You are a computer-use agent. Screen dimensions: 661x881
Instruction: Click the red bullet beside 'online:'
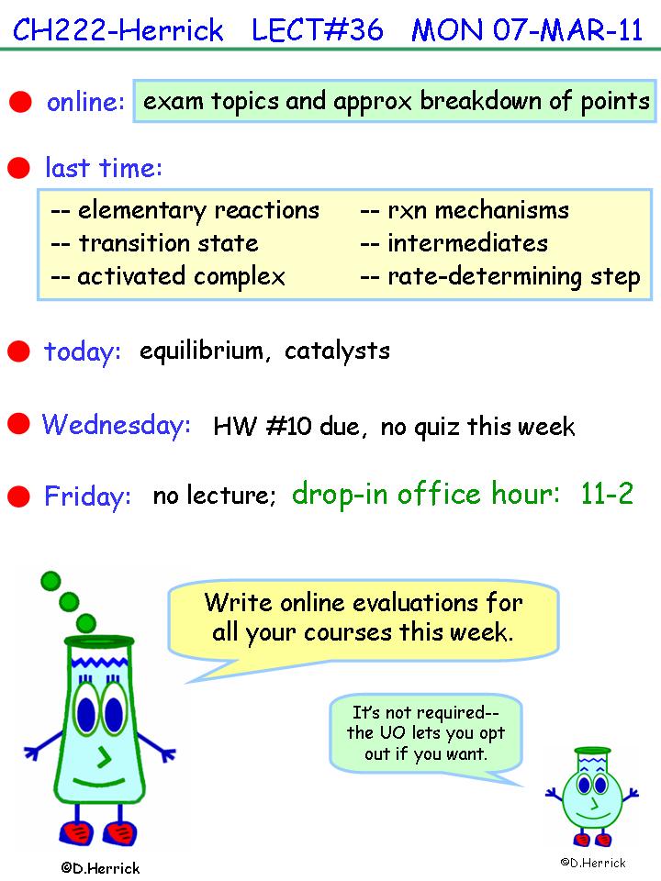click(20, 102)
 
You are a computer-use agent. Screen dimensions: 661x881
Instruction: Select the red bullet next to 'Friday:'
click(18, 496)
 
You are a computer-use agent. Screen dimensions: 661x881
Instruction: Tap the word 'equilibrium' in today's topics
click(201, 351)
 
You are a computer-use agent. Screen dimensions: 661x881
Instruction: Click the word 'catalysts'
click(337, 351)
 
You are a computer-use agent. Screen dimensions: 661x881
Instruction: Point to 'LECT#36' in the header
click(318, 29)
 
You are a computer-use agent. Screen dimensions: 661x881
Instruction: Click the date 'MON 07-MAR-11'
click(527, 29)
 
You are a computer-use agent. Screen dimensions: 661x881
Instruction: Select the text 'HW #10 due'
click(286, 427)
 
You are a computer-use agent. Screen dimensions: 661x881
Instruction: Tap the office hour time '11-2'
click(607, 494)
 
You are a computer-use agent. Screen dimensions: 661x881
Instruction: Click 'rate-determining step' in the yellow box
click(514, 276)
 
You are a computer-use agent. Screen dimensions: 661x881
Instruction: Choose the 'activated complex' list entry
click(181, 276)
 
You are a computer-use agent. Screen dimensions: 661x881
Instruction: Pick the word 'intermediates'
click(467, 243)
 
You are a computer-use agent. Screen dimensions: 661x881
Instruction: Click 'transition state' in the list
click(168, 243)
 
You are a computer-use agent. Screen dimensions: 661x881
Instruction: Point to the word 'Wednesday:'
click(117, 424)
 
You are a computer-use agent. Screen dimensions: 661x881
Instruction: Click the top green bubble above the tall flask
click(50, 581)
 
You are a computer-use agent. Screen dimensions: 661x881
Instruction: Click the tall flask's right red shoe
click(119, 833)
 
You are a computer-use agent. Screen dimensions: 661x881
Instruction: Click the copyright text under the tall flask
click(100, 868)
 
